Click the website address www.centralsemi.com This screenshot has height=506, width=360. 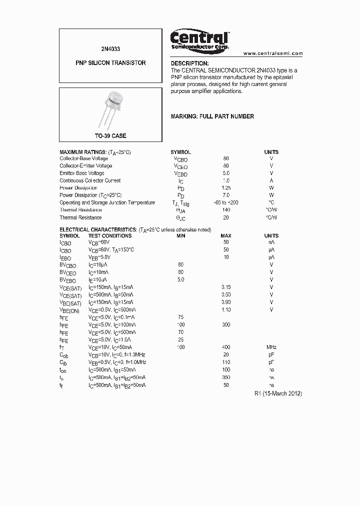coord(273,53)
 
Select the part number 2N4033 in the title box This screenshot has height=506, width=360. coord(110,49)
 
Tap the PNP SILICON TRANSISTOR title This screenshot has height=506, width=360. coord(110,63)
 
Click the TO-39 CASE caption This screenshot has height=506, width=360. coord(110,136)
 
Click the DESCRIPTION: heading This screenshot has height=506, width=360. coord(190,63)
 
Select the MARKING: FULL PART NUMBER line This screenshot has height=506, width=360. coord(212,116)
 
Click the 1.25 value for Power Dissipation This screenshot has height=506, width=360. coord(226,188)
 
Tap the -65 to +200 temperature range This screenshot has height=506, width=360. coord(226,202)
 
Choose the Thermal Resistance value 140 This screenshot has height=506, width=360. coord(226,210)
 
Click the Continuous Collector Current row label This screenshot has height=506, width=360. coord(90,180)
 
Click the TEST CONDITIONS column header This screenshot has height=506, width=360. coord(110,235)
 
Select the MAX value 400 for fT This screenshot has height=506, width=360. coord(226,347)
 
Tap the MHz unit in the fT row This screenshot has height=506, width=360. coord(271,347)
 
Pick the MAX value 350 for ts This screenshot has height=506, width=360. coord(226,377)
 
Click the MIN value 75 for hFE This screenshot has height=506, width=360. coord(181,317)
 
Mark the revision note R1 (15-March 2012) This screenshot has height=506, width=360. coord(278,393)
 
